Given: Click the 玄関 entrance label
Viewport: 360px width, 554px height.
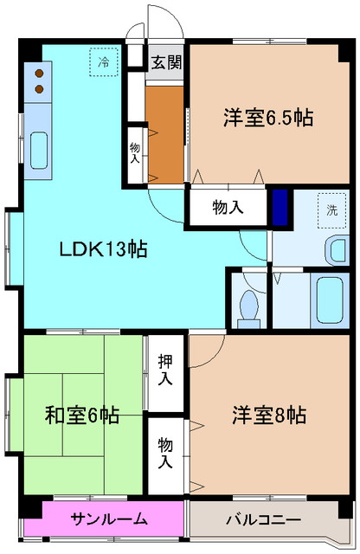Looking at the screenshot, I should (166, 62).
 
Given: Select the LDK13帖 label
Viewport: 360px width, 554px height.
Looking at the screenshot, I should (102, 250).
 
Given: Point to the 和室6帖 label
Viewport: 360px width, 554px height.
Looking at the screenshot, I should (82, 415).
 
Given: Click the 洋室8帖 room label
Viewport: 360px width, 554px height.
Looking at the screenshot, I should (268, 415).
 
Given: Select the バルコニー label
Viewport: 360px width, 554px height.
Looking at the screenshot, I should (263, 519).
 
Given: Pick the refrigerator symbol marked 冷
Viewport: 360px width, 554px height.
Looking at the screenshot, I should (104, 62).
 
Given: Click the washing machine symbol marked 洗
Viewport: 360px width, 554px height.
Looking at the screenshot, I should (332, 209).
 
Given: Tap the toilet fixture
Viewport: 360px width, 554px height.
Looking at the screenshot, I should (248, 306).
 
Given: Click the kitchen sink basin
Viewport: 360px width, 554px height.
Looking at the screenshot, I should (39, 151).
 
